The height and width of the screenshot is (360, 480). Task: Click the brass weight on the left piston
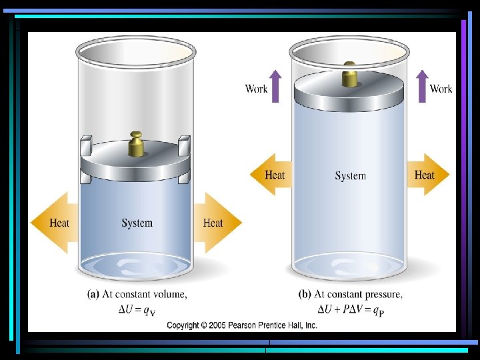pyautogui.click(x=136, y=144)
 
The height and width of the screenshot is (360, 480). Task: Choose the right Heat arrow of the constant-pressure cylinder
pyautogui.click(x=428, y=175)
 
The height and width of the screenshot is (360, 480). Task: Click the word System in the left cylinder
pyautogui.click(x=137, y=223)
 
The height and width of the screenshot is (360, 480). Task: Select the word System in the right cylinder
pyautogui.click(x=350, y=176)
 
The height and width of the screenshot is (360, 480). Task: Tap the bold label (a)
pyautogui.click(x=95, y=294)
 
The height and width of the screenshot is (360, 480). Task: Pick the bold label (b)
pyautogui.click(x=305, y=294)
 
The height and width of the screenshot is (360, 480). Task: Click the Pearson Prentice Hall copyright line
pyautogui.click(x=241, y=325)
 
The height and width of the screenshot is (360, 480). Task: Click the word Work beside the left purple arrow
pyautogui.click(x=256, y=89)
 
